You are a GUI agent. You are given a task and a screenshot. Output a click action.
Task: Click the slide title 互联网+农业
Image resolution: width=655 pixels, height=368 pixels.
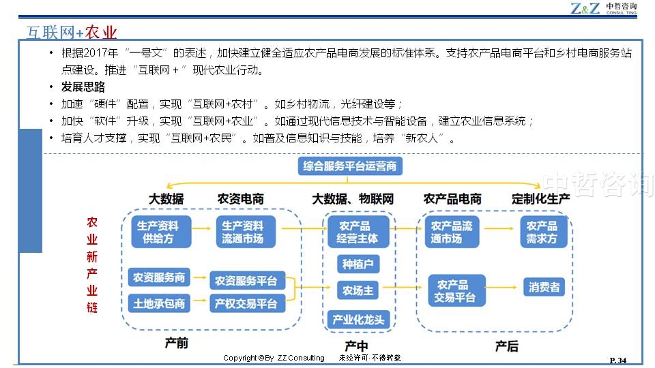click(72, 33)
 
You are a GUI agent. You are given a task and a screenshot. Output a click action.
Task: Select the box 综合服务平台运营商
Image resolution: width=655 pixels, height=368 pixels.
click(349, 166)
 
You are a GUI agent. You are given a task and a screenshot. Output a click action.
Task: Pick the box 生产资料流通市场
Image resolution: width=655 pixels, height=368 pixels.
click(246, 232)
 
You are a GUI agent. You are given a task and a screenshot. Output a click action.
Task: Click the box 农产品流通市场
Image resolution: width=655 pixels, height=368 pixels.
click(452, 232)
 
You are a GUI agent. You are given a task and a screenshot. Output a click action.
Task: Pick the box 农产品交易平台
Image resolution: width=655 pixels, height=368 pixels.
click(456, 291)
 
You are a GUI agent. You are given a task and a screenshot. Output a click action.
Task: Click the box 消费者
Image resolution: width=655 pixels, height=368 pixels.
click(544, 287)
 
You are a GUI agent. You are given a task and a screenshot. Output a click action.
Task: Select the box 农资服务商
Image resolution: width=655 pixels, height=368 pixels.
click(159, 277)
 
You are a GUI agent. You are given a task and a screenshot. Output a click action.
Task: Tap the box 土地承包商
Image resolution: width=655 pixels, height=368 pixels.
click(159, 303)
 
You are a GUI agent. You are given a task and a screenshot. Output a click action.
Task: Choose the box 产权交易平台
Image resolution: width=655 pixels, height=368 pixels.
click(246, 303)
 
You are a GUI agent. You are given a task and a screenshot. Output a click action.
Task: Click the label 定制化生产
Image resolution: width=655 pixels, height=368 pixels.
click(540, 199)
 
